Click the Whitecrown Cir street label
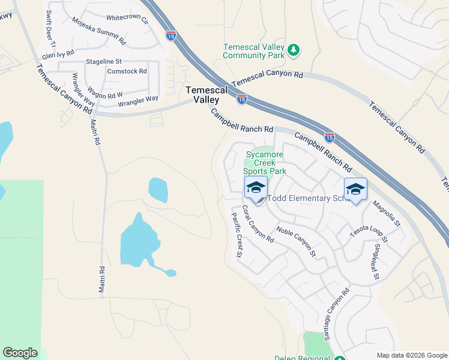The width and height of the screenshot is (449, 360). pyautogui.click(x=127, y=19)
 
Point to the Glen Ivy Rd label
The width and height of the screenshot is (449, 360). pyautogui.click(x=58, y=54)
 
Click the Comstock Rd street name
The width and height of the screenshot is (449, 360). pyautogui.click(x=127, y=71)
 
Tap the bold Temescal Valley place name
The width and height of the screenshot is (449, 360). pyautogui.click(x=206, y=95)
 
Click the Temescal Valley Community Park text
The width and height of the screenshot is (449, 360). pyautogui.click(x=253, y=51)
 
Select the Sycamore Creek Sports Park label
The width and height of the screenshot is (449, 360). pyautogui.click(x=265, y=163)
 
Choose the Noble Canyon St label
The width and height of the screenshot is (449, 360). pyautogui.click(x=296, y=241)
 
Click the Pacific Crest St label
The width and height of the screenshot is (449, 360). pyautogui.click(x=235, y=234)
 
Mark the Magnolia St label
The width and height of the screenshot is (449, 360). pyautogui.click(x=386, y=214)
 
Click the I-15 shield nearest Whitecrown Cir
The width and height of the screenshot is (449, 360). pyautogui.click(x=171, y=35)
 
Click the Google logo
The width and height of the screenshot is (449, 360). pyautogui.click(x=20, y=353)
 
